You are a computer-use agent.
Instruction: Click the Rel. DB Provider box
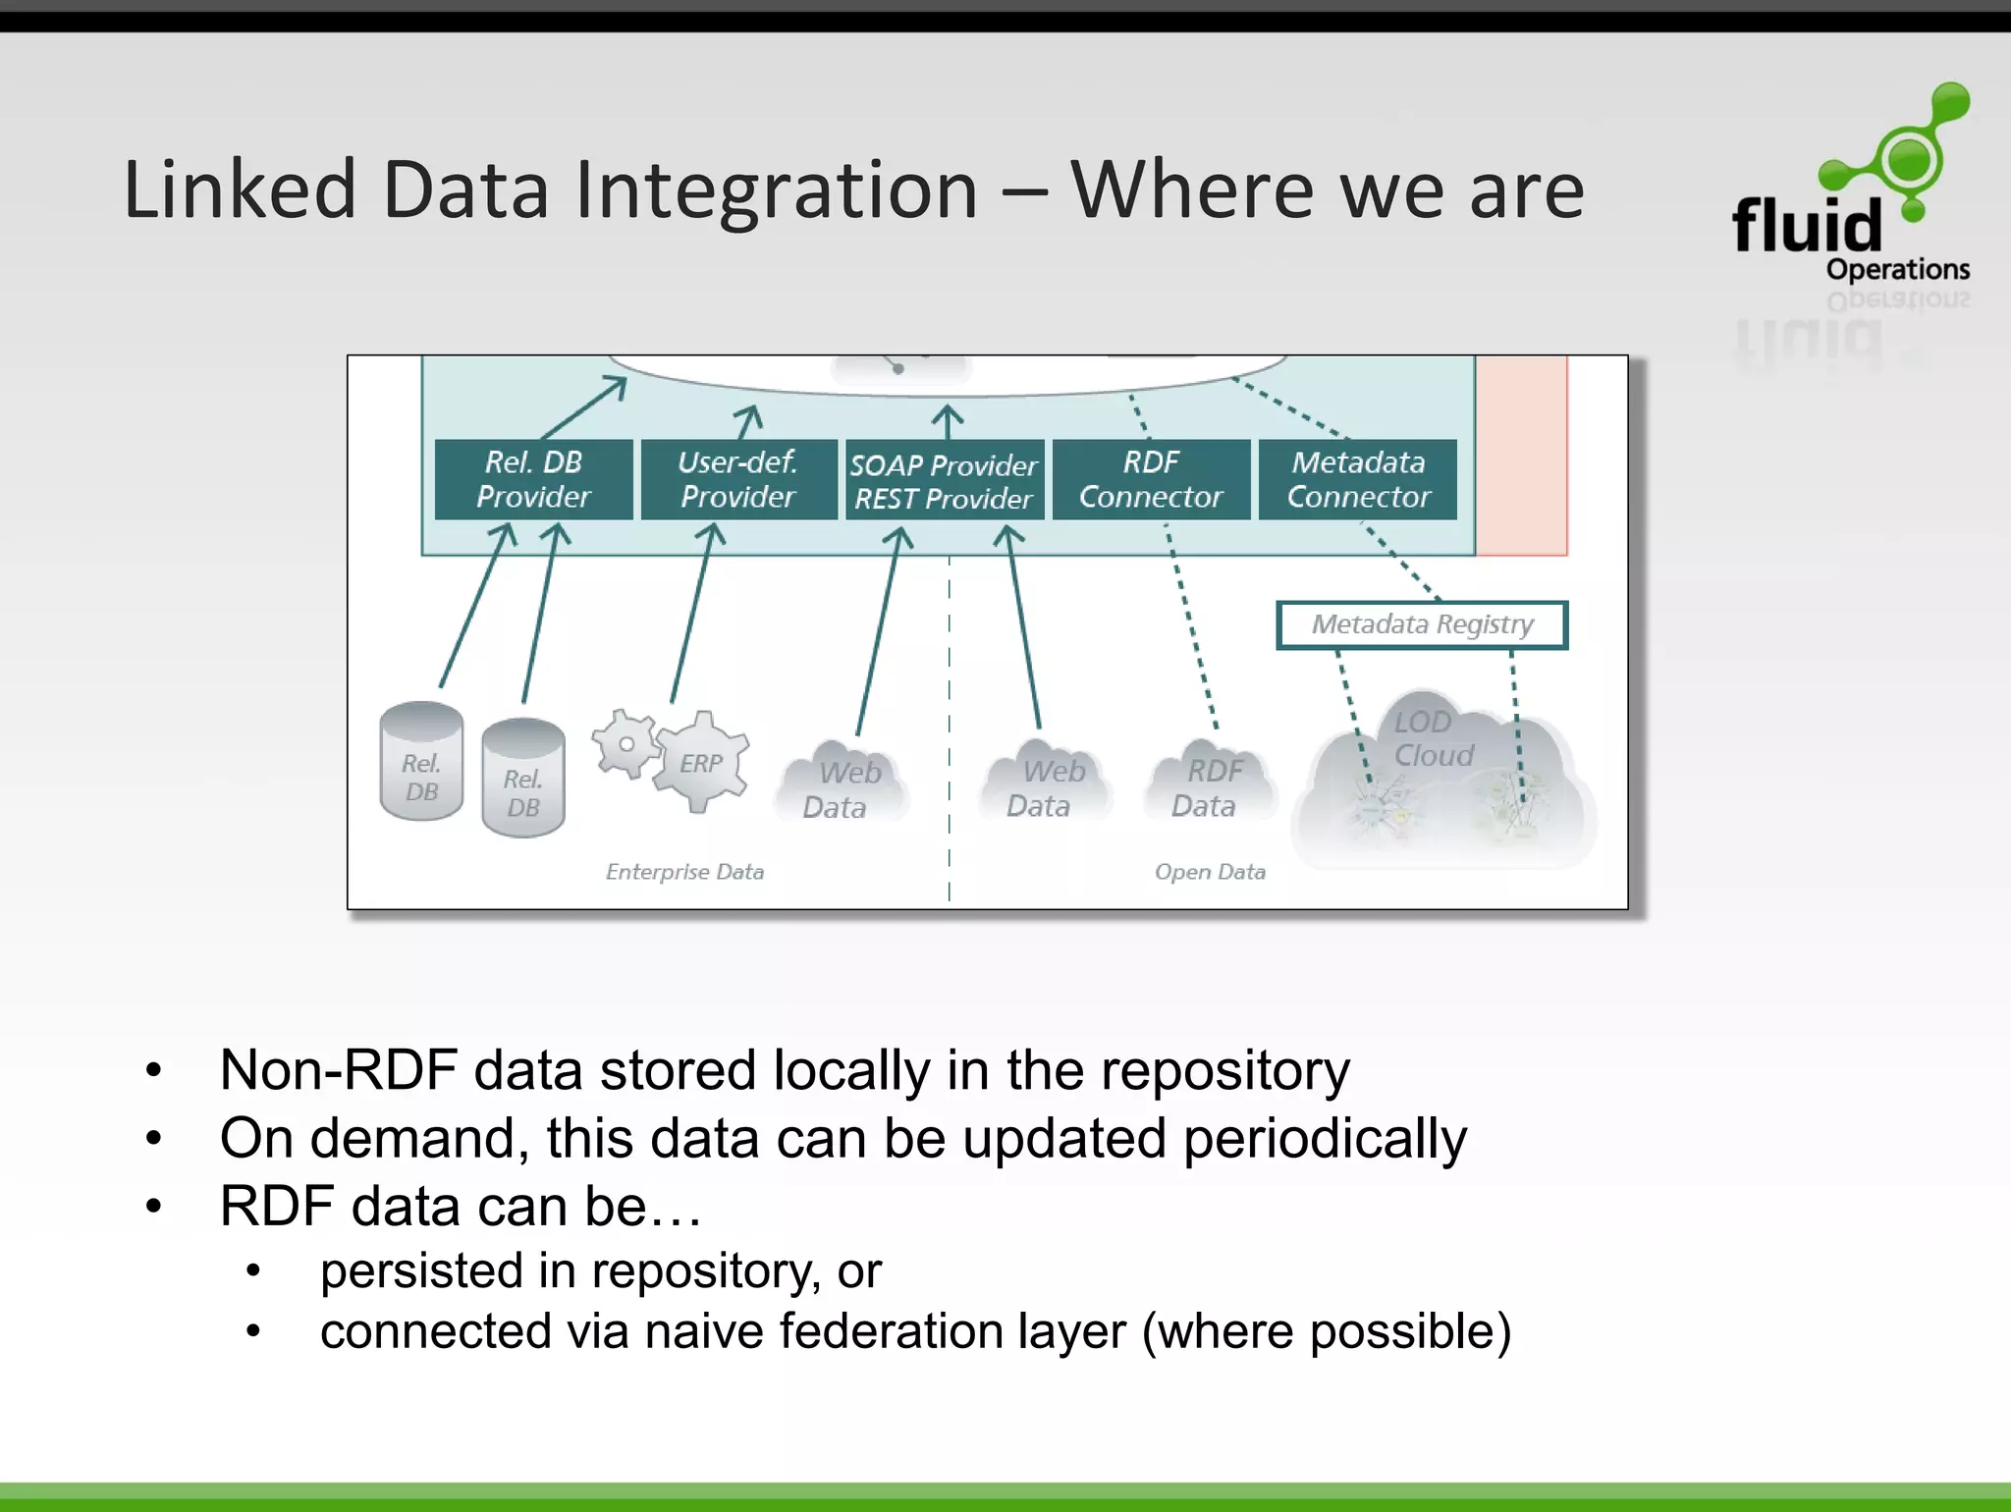click(533, 479)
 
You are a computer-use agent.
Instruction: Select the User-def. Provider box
click(738, 479)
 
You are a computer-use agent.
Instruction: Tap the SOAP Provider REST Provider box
click(944, 480)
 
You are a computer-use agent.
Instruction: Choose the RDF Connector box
click(1151, 479)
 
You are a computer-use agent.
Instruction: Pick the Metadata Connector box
click(1358, 479)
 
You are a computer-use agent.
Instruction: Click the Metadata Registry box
click(1422, 624)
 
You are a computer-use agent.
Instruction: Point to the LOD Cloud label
click(1433, 738)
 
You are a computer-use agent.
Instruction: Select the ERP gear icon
click(702, 763)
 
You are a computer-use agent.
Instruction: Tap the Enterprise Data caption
click(684, 872)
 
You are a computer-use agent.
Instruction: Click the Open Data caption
click(1210, 872)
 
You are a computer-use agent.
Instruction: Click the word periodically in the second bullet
click(1324, 1139)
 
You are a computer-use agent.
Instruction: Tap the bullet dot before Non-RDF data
click(153, 1070)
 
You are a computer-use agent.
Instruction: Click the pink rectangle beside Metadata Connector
click(1521, 457)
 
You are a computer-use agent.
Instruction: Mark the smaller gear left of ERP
click(625, 744)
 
